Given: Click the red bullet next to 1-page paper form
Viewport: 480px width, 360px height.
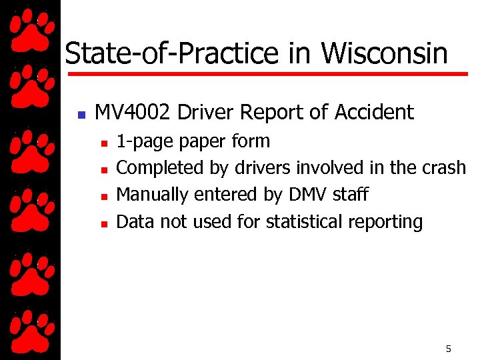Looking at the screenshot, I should click(x=103, y=143).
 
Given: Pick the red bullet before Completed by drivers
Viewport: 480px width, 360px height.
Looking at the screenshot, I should click(x=103, y=170).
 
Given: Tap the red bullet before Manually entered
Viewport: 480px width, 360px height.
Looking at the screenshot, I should click(x=103, y=197).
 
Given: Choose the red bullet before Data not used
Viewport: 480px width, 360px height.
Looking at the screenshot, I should click(x=103, y=223).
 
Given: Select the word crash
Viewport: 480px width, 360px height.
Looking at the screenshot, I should click(x=444, y=167).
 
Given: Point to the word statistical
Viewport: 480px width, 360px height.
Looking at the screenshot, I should click(x=305, y=221).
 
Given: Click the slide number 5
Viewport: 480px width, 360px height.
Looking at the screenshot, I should click(x=449, y=349).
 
